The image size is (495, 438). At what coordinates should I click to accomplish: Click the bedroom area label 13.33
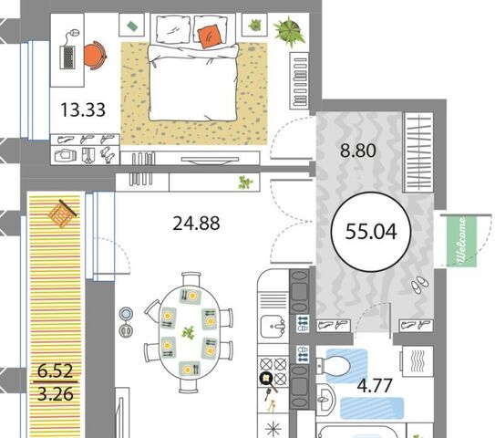coord(83,110)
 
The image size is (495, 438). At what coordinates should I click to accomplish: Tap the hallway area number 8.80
coord(358,151)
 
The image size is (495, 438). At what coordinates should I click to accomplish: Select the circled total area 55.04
coord(371,232)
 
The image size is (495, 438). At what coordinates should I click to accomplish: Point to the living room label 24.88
coord(196,224)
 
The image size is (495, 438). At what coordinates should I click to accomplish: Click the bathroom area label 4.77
coord(375,386)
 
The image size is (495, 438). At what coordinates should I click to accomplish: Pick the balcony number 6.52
coord(56,370)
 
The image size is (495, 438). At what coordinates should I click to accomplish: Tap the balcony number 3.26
coord(56,394)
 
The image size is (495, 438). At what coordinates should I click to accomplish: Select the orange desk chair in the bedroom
coord(96,56)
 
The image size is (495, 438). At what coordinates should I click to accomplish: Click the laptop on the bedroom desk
coord(67,57)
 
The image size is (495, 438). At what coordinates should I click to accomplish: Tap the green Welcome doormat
coord(461,241)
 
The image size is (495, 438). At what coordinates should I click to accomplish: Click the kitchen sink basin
coord(273,326)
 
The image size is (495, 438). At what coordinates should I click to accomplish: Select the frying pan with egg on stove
coord(268,381)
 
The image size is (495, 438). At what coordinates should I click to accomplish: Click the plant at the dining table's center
coord(189,333)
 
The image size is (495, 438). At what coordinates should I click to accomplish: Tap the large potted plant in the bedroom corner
coord(290,32)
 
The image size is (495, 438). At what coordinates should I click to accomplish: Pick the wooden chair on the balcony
coord(63,213)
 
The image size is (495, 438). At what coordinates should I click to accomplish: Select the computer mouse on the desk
coord(75,33)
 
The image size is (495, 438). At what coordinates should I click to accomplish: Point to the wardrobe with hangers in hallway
coord(418,152)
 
